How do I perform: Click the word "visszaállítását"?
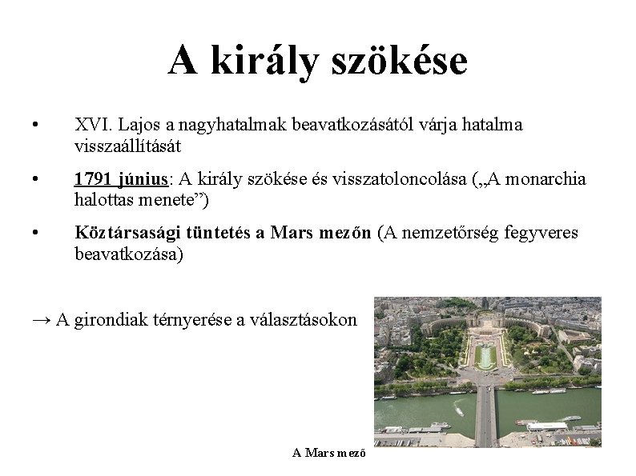tap(128, 146)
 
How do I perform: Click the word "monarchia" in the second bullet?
tap(552, 178)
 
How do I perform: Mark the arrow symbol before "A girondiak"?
tap(42, 319)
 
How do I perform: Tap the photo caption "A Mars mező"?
tap(329, 453)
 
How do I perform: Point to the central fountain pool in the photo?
tap(485, 355)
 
